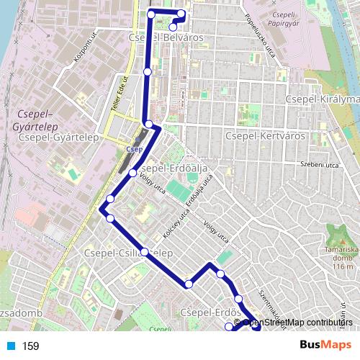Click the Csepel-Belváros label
pos(165,37)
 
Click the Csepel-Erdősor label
pos(209,312)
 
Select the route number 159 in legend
pos(30,346)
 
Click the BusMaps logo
pos(325,345)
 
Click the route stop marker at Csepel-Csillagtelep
pos(145,252)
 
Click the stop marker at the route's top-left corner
pos(151,14)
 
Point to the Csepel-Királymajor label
pos(322,99)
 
